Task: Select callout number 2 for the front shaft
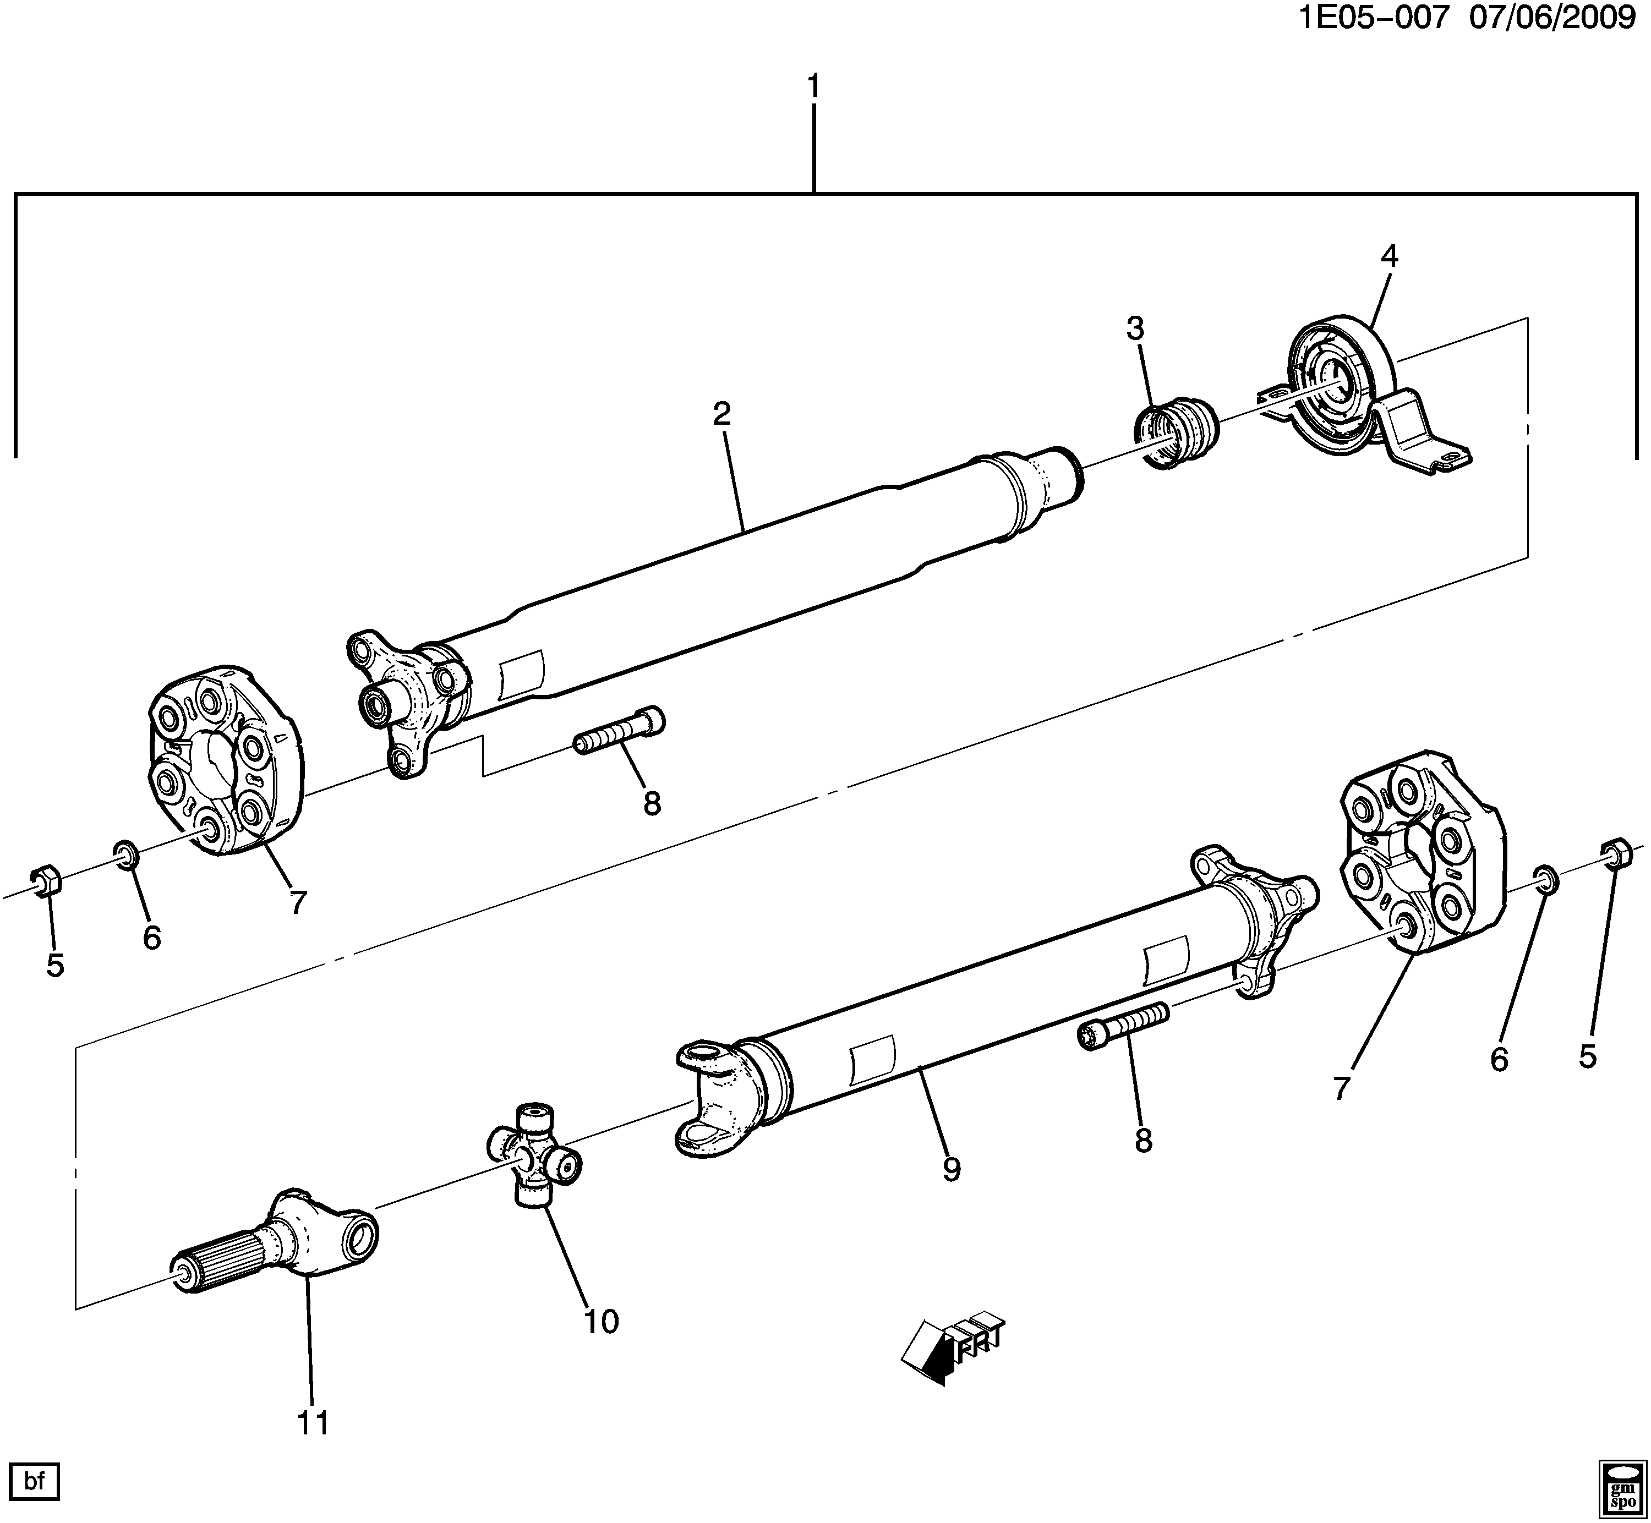click(722, 414)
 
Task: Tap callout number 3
click(1136, 329)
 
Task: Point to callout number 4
click(1389, 257)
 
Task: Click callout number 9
click(952, 1169)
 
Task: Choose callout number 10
click(601, 1322)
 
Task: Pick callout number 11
click(313, 1422)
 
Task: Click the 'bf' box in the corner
click(34, 1482)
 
